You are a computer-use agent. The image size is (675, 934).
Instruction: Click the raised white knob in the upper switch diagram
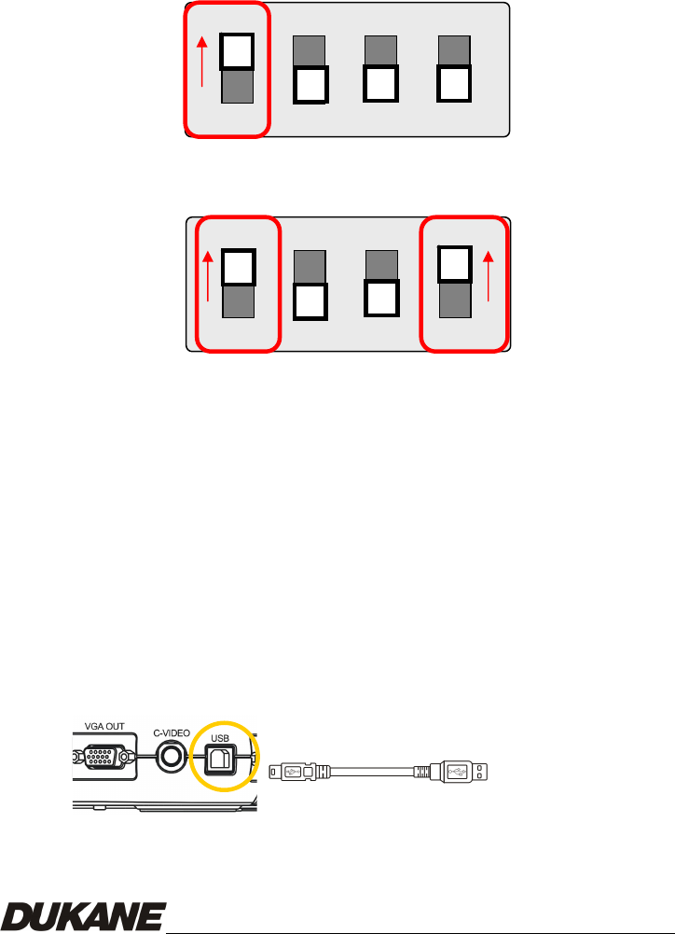pos(237,53)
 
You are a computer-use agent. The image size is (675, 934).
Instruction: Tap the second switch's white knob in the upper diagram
pos(310,85)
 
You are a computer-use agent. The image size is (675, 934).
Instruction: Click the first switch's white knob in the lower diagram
pos(239,267)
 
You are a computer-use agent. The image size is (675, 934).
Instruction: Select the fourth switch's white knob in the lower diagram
pos(456,264)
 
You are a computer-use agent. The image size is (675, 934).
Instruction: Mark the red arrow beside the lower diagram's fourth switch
pos(489,280)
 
